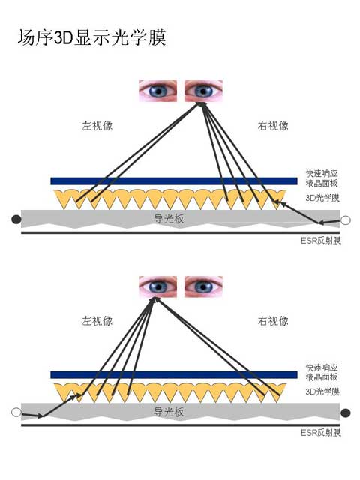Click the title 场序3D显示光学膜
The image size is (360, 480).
click(91, 37)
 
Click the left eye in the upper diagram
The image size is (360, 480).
click(157, 91)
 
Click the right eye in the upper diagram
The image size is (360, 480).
click(203, 91)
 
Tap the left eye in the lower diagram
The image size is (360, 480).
click(157, 286)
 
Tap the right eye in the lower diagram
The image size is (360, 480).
click(203, 286)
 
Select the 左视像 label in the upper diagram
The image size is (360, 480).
click(97, 126)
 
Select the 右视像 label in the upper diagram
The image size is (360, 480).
click(273, 126)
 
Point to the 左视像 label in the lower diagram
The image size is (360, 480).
click(97, 321)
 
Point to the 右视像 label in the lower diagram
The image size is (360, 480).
click(273, 321)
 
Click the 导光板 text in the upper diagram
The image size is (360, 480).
click(169, 218)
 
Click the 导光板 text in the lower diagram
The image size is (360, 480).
click(169, 412)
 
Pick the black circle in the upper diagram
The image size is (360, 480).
click(16, 220)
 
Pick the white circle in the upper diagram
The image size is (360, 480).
click(346, 220)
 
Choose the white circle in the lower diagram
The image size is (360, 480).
click(16, 412)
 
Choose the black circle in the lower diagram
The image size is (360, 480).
click(346, 413)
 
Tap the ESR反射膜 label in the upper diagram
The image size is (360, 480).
click(321, 241)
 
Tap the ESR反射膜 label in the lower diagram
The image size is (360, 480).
click(321, 433)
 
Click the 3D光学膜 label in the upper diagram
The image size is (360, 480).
click(322, 198)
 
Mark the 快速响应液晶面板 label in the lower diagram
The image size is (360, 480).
click(322, 372)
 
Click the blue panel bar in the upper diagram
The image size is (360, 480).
click(174, 181)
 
